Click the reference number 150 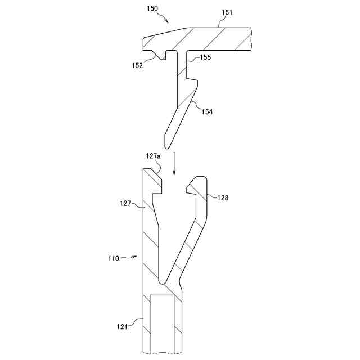click(152, 9)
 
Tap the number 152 click(137, 65)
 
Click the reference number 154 click(207, 111)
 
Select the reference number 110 click(114, 259)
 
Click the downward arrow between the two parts click(174, 163)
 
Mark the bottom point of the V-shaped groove click(162, 280)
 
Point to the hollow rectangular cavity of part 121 click(163, 323)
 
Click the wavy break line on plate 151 click(249, 39)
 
